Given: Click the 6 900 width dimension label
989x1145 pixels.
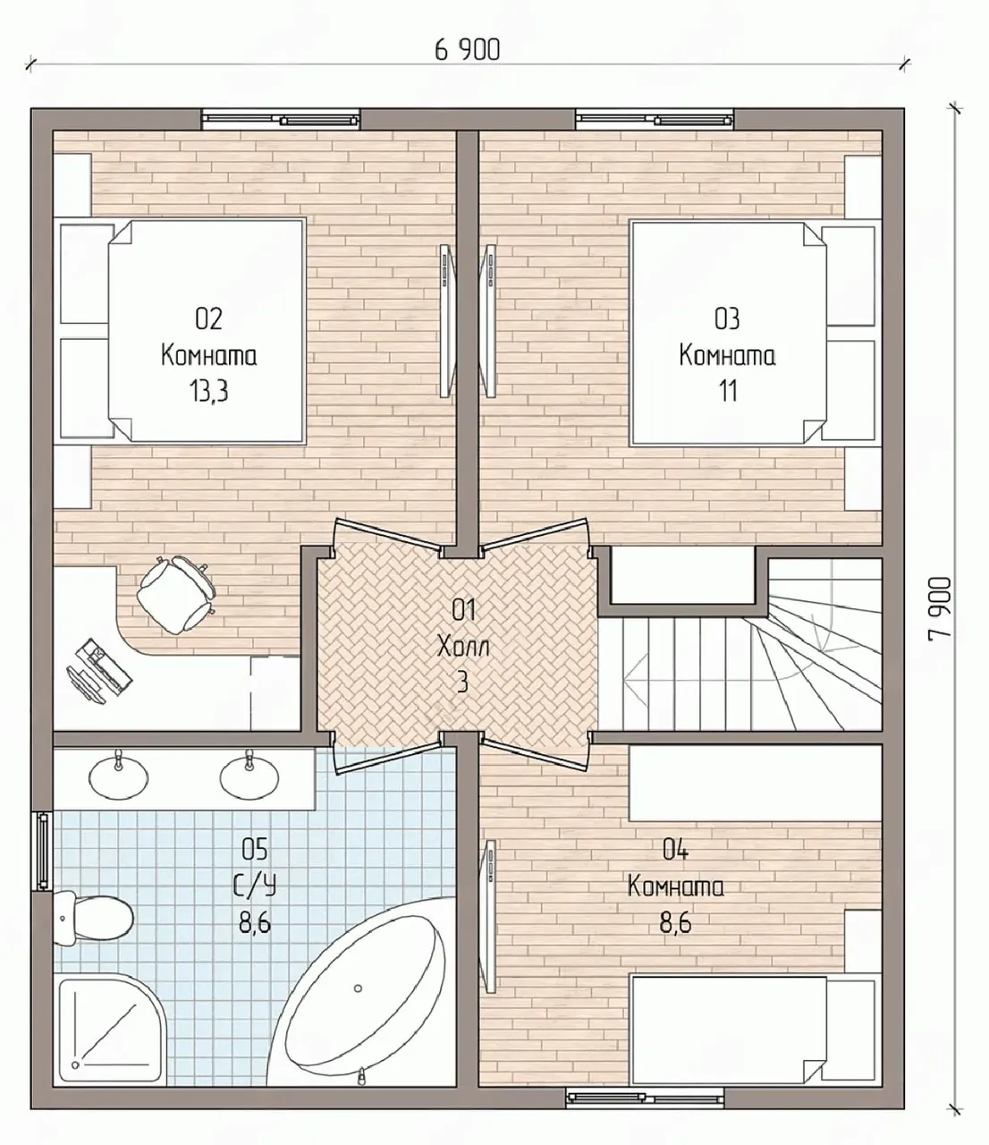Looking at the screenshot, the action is [x=468, y=50].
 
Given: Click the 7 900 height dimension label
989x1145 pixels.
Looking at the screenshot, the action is [x=940, y=607].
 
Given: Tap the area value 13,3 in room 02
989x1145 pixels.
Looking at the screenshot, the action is [x=208, y=391].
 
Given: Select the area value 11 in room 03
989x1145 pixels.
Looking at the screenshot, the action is [x=728, y=391].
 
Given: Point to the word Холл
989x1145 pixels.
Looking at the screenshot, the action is [x=463, y=646].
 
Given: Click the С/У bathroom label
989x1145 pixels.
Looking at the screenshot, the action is [x=254, y=886].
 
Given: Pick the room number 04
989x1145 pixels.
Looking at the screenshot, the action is [x=675, y=849].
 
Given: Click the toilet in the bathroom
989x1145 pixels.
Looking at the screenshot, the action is [x=93, y=919].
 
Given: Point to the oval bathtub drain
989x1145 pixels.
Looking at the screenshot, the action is [x=358, y=988].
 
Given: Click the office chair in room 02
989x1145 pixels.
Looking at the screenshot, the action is [x=175, y=594].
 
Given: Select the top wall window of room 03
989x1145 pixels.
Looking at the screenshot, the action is [x=655, y=119].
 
